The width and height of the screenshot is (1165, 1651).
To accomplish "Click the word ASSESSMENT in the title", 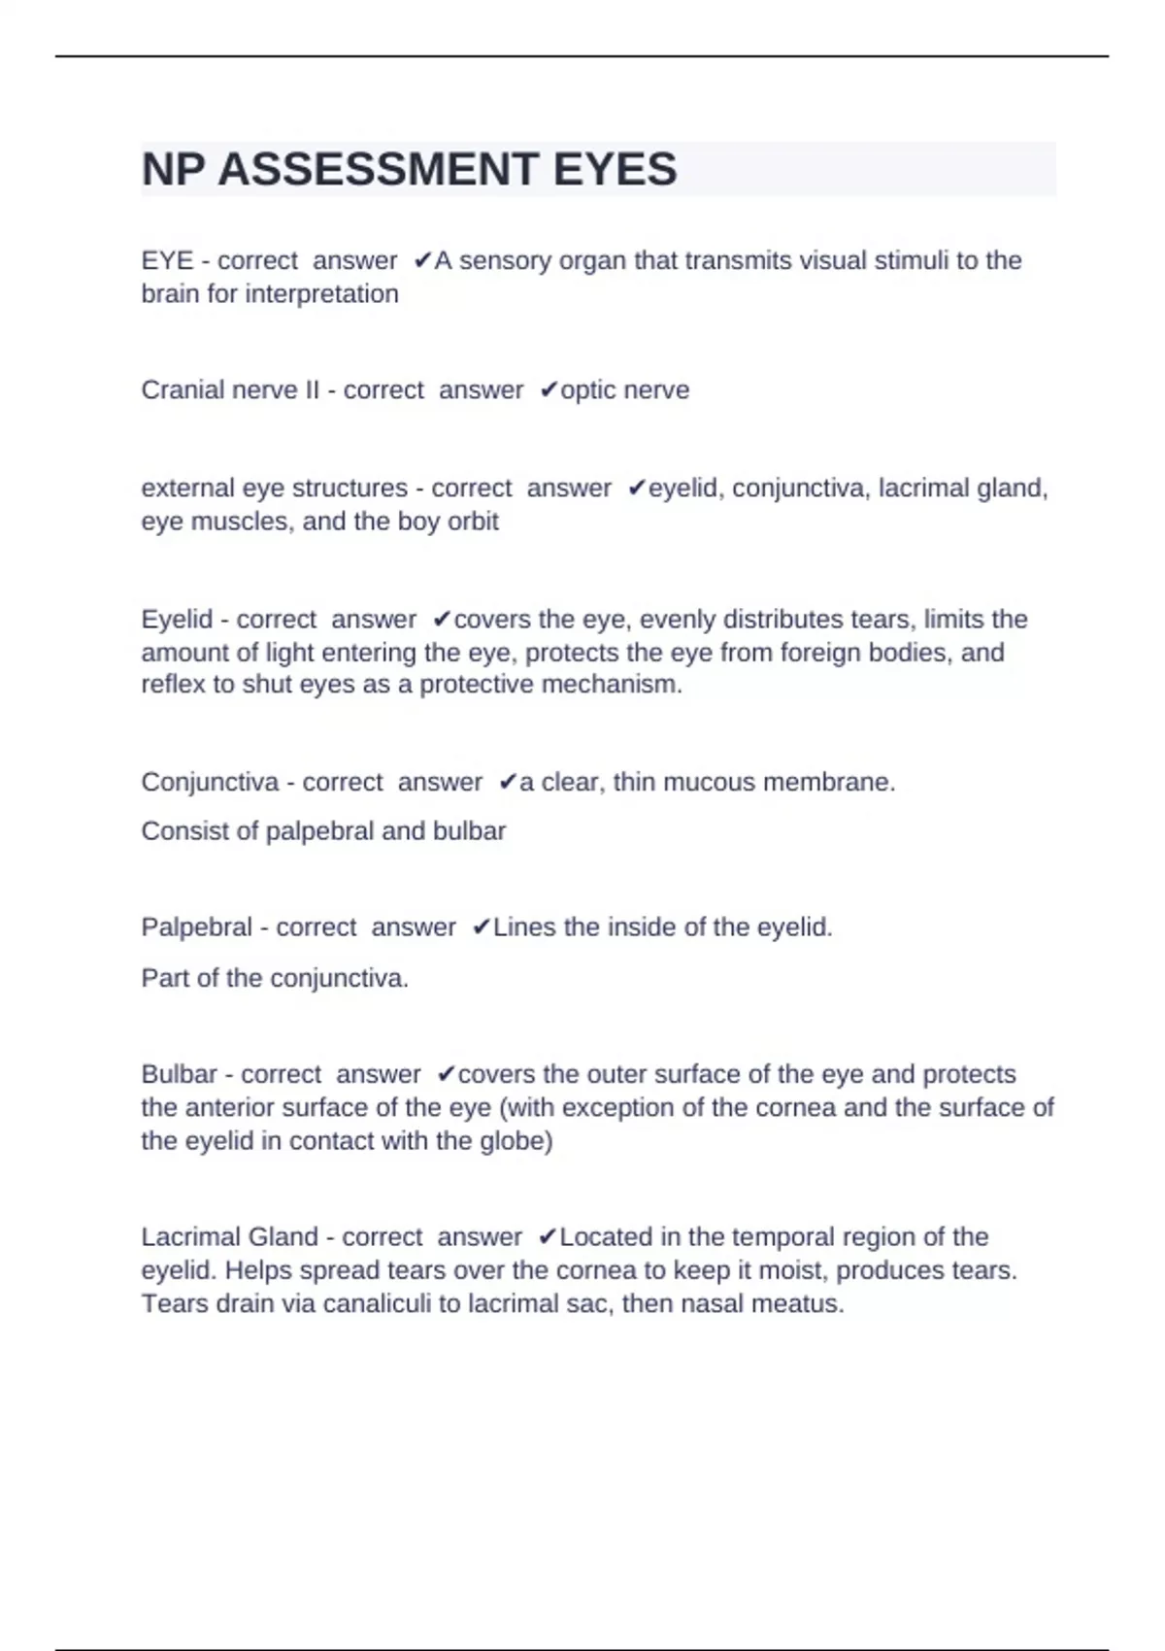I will click(379, 170).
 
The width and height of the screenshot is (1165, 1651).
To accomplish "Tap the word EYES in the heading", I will click(615, 170).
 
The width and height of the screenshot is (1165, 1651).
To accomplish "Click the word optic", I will click(588, 390).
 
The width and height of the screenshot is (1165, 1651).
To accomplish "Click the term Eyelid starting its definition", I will click(177, 620).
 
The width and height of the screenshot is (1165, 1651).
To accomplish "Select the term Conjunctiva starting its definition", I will click(210, 783).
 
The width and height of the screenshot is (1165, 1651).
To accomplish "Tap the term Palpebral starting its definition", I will click(196, 927).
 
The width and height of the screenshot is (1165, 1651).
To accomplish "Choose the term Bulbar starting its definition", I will click(179, 1075).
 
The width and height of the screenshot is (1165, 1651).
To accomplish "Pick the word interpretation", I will click(321, 294).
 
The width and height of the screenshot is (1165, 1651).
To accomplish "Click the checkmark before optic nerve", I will click(549, 390).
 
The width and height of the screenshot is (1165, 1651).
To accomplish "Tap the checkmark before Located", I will click(548, 1237).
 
